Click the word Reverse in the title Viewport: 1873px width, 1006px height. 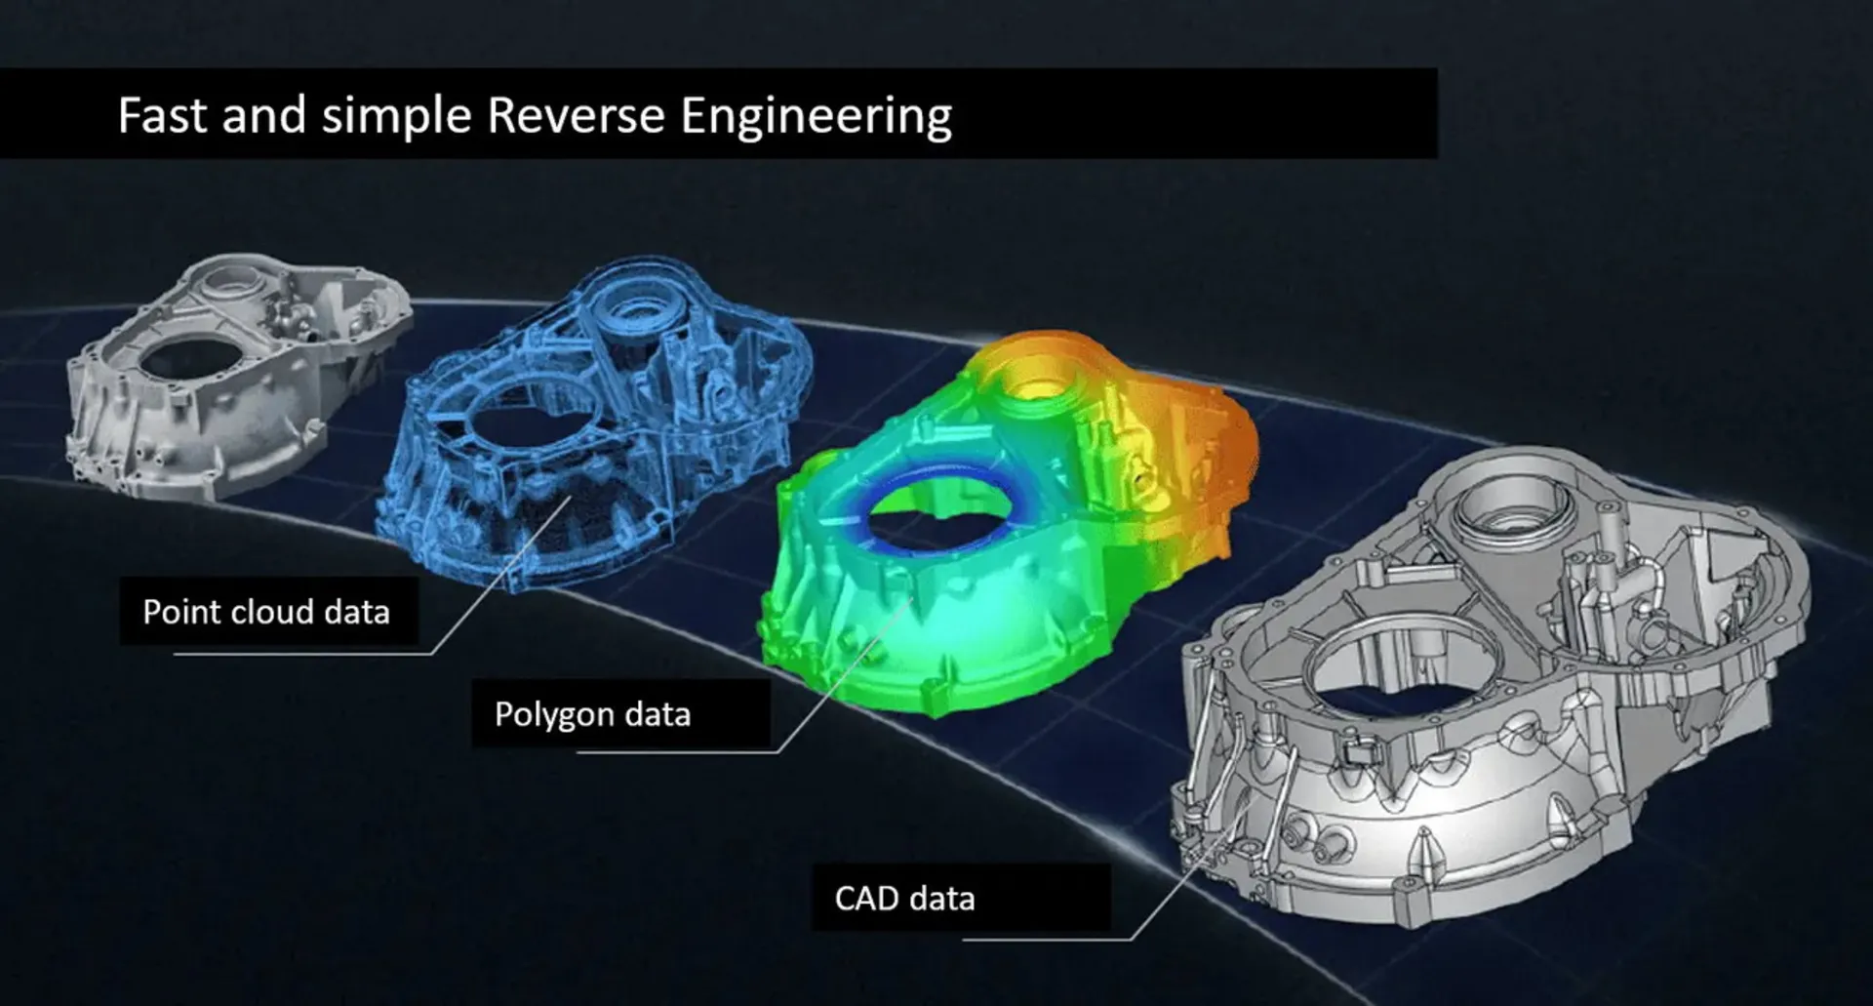[x=576, y=115]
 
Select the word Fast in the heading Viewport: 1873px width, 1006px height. [x=162, y=115]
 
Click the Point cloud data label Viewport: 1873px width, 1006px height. [x=266, y=612]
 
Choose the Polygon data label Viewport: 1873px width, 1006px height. [x=593, y=714]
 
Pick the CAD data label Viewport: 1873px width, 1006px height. [x=904, y=898]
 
